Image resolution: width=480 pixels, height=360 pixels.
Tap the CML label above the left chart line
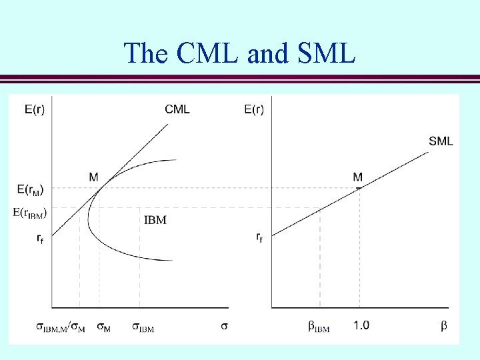[x=177, y=109]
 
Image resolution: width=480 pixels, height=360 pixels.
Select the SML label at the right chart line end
[x=441, y=141]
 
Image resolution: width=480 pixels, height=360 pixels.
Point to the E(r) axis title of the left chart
[x=35, y=109]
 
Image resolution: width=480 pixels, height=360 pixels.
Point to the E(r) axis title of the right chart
[x=253, y=109]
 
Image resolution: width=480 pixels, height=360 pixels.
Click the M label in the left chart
[x=93, y=177]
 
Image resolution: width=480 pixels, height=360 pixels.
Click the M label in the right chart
[x=358, y=177]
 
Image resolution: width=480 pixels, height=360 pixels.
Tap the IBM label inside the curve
[x=155, y=219]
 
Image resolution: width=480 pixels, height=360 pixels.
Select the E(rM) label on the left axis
[x=30, y=189]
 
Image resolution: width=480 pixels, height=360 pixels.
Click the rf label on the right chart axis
[x=259, y=237]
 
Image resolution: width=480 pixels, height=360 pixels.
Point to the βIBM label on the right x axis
[x=319, y=327]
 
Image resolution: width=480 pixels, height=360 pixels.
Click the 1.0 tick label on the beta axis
[x=361, y=325]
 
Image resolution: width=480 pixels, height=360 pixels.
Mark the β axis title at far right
[x=444, y=326]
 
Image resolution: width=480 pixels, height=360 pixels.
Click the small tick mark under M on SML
[x=359, y=188]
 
